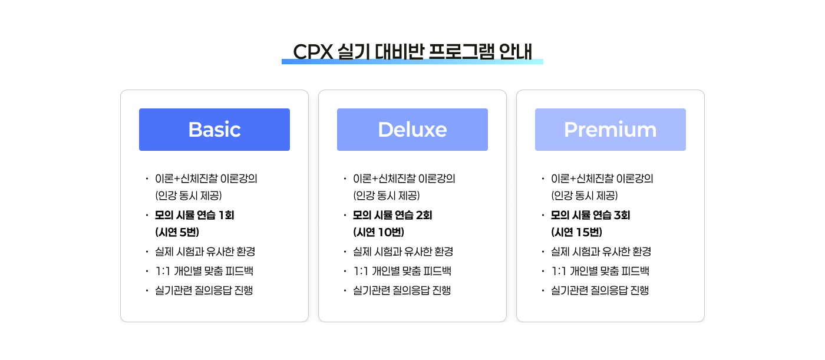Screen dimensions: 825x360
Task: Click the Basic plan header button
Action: pyautogui.click(x=214, y=130)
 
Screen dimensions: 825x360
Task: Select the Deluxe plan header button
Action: pyautogui.click(x=412, y=130)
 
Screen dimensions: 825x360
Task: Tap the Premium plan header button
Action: pyautogui.click(x=610, y=130)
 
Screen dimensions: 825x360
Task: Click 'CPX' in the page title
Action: pyautogui.click(x=313, y=51)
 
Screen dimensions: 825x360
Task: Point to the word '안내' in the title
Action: pyautogui.click(x=516, y=51)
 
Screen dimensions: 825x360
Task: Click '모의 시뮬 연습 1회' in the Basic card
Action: pyautogui.click(x=194, y=215)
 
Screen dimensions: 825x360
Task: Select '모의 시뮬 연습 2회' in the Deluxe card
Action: pyautogui.click(x=392, y=215)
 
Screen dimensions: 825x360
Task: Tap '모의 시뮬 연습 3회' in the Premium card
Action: pyautogui.click(x=590, y=215)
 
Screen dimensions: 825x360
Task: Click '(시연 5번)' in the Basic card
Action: pyautogui.click(x=177, y=232)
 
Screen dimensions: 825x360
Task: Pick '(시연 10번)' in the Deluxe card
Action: pyautogui.click(x=378, y=232)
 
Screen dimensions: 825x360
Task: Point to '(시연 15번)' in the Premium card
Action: pyautogui.click(x=577, y=232)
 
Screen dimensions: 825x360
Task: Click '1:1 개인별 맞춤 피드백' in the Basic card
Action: pyautogui.click(x=204, y=271)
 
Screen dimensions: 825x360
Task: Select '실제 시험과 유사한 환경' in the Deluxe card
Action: pyautogui.click(x=403, y=252)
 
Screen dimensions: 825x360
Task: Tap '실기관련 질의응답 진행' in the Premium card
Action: pyautogui.click(x=600, y=290)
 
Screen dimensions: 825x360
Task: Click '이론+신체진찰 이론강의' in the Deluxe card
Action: pyautogui.click(x=404, y=179)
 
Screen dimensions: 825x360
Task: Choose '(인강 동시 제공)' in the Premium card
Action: pyautogui.click(x=585, y=196)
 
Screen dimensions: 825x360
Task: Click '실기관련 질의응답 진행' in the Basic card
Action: pyautogui.click(x=204, y=290)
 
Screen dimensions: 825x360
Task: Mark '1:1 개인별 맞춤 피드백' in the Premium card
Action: pyautogui.click(x=600, y=271)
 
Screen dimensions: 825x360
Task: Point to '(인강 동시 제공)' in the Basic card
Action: pyautogui.click(x=189, y=196)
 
